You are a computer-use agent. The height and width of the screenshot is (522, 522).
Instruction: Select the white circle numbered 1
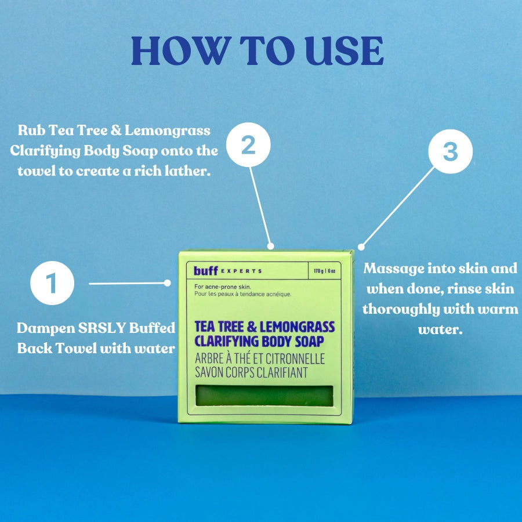coord(52,283)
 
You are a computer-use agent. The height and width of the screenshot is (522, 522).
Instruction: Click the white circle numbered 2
coord(248,145)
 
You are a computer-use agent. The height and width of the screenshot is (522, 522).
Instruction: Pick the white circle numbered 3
coord(451,151)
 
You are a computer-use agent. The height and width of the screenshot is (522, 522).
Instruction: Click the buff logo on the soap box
coord(206,271)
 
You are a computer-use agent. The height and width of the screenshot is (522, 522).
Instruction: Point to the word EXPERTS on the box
coord(241,271)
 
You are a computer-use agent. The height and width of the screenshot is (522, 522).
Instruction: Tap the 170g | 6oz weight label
coord(325,271)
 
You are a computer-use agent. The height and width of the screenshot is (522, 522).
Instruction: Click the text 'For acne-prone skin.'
coord(223,287)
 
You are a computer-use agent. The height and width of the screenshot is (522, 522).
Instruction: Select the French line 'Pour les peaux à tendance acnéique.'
coord(243,294)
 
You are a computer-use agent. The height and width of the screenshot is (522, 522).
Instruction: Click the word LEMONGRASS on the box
coord(298,327)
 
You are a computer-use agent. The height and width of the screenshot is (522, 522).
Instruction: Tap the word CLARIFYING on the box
coord(226,342)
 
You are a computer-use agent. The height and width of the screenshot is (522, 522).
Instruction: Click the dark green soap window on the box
coord(264,396)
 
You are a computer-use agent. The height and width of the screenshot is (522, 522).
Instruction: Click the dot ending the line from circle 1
coord(168,283)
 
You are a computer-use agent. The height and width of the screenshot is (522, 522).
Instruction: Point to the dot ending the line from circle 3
coord(361,247)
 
